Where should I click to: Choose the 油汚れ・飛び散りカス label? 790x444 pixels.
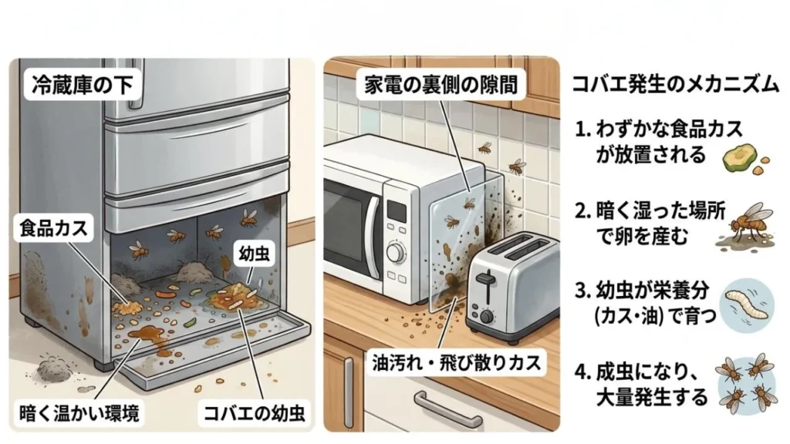[x=458, y=360]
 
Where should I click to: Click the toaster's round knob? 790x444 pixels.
[x=488, y=317]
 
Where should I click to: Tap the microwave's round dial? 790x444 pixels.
[x=396, y=251]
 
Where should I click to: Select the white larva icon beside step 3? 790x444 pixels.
[x=744, y=300]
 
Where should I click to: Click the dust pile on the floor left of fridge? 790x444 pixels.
[x=53, y=367]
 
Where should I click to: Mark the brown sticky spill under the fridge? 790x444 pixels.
[x=147, y=338]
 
